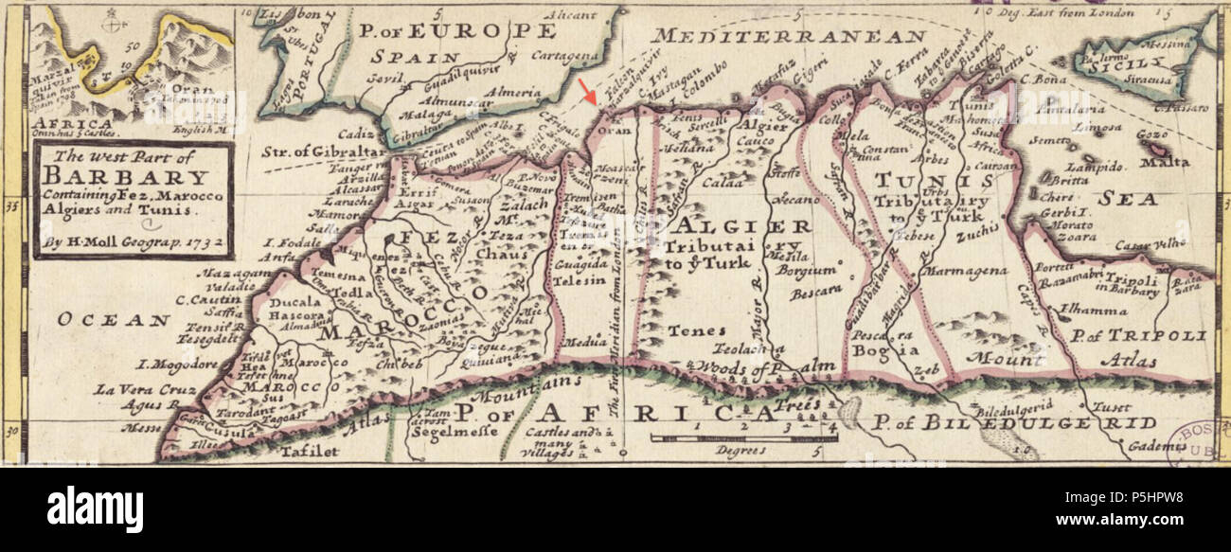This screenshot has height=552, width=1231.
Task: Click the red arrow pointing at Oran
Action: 589,92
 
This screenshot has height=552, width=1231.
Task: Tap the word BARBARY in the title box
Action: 125,178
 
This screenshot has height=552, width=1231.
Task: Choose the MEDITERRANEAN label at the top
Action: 788,37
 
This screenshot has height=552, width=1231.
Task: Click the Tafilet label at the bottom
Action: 309,453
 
